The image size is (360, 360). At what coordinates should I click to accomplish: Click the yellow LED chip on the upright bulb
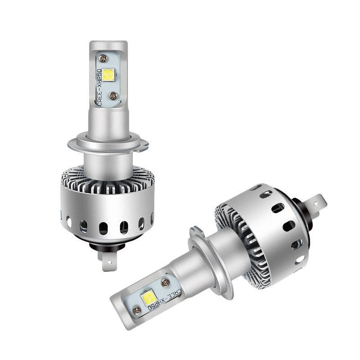coord(109,75)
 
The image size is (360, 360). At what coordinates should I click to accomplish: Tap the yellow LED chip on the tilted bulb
coord(149,298)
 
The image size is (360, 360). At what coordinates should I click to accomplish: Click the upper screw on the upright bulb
coord(104,59)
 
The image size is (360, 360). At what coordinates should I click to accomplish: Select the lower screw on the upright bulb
coord(113,96)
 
